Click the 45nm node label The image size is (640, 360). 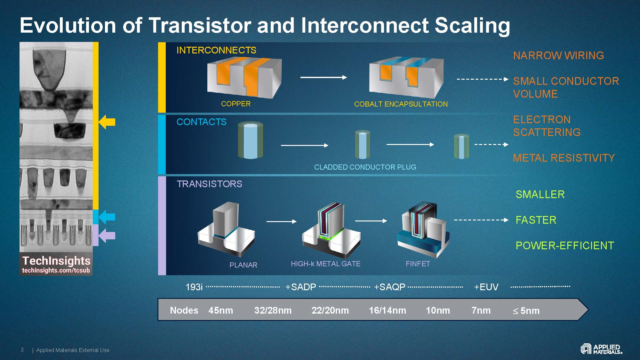[x=220, y=310]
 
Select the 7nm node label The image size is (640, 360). [x=481, y=310]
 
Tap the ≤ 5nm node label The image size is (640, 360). [x=526, y=311]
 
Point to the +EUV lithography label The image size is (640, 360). [x=486, y=287]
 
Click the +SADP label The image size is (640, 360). [x=300, y=287]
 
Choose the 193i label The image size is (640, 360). [x=194, y=287]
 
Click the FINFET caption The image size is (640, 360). [x=418, y=264]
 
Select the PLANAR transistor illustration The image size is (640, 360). [x=226, y=230]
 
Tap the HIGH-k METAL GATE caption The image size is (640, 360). [x=325, y=264]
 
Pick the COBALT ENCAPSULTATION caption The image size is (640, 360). [x=401, y=104]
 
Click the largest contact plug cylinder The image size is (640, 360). [x=251, y=140]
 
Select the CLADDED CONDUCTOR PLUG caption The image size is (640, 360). [x=365, y=167]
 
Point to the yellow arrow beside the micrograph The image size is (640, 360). [x=107, y=122]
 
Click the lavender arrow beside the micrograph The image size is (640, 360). [x=107, y=236]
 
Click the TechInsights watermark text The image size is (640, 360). [x=56, y=261]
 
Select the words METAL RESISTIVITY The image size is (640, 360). [x=564, y=158]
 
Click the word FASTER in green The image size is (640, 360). [x=536, y=220]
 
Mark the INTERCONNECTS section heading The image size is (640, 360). [x=216, y=50]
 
